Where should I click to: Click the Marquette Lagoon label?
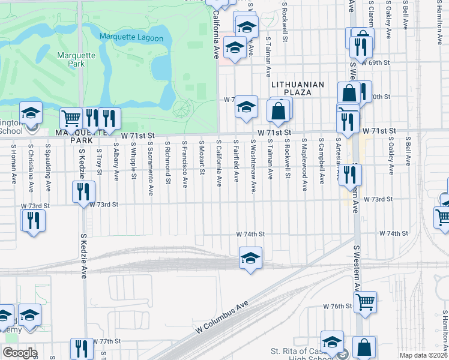(131, 38)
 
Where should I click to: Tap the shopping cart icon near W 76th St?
(365, 302)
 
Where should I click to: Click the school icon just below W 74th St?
(250, 257)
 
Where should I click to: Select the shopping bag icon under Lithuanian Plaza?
(279, 111)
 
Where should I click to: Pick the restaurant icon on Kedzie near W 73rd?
(83, 192)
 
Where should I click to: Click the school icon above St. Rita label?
(332, 342)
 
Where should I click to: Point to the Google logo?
(20, 353)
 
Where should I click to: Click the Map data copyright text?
(423, 355)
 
